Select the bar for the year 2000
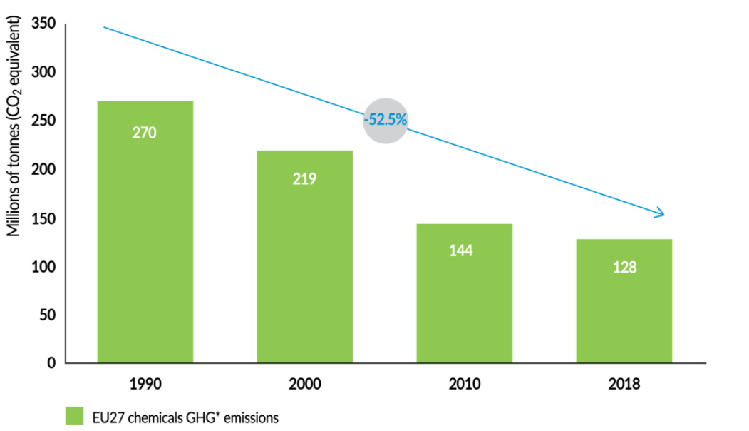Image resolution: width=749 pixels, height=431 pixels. coord(305,257)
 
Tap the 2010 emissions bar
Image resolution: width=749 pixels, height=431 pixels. coord(465,293)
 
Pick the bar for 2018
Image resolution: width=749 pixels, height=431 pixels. coord(624,300)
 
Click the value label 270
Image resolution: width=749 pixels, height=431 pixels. coord(144,133)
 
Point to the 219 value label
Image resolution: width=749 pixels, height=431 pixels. coord(304,178)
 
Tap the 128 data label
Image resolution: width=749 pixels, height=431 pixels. coord(624,268)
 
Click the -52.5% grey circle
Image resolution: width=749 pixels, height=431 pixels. coord(386,120)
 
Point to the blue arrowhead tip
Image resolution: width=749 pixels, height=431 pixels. coord(664,214)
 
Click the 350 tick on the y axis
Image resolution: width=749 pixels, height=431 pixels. coord(44,25)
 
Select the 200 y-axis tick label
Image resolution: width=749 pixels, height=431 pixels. coord(44,170)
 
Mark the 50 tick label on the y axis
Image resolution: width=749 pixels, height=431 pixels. coord(48,315)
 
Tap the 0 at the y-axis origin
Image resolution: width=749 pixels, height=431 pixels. coord(51,363)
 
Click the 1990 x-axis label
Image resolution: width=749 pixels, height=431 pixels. coord(145,384)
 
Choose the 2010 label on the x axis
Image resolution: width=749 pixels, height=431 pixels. coord(465,384)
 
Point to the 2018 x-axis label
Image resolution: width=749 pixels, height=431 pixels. coord(624,384)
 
